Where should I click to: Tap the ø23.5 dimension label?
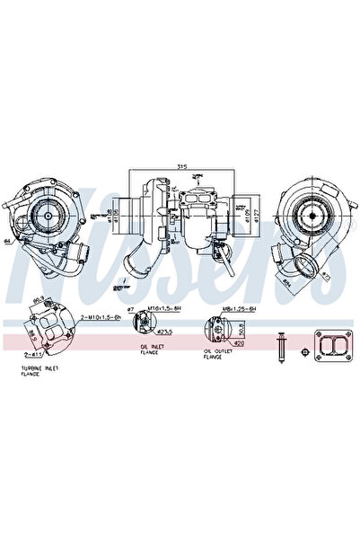[x=165, y=331]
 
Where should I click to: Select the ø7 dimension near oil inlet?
[x=131, y=309]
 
